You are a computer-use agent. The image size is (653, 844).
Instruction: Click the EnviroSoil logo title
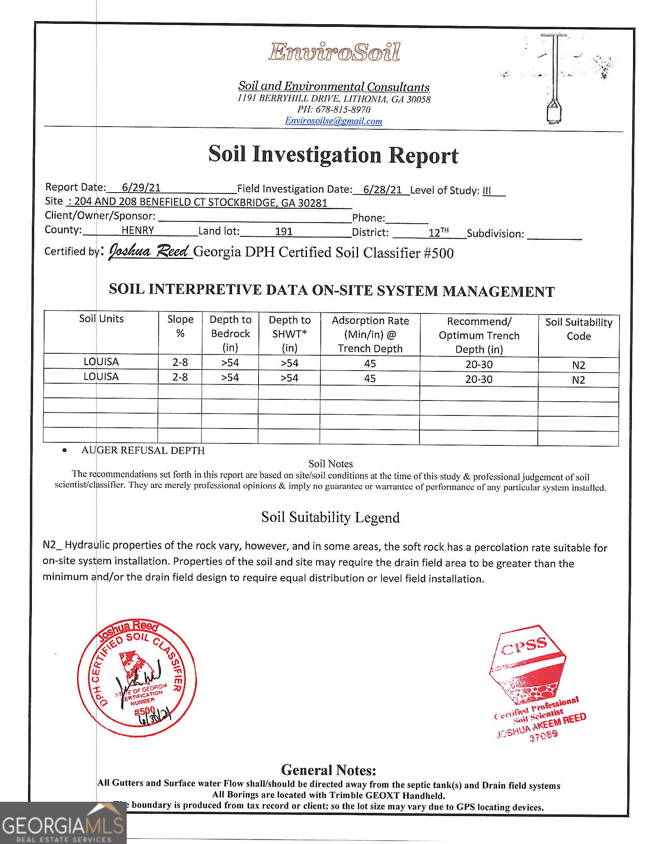click(334, 52)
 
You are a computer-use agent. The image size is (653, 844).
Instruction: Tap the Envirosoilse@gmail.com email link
click(333, 121)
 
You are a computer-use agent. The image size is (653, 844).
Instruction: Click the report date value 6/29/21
click(141, 188)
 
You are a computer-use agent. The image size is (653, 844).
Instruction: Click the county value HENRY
click(138, 230)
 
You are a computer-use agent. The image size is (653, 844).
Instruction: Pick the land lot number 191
click(283, 231)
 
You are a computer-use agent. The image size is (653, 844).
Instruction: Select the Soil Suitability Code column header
click(579, 329)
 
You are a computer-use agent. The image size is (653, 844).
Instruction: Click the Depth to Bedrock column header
click(230, 333)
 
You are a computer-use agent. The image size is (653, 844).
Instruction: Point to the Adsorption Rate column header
click(370, 334)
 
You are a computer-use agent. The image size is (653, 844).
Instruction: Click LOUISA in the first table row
click(101, 362)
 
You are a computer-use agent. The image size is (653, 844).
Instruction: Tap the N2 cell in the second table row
click(578, 380)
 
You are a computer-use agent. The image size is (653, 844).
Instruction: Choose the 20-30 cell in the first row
click(479, 364)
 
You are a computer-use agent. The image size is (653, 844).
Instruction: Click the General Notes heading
click(328, 770)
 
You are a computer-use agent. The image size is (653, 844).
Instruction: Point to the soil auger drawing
click(554, 79)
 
